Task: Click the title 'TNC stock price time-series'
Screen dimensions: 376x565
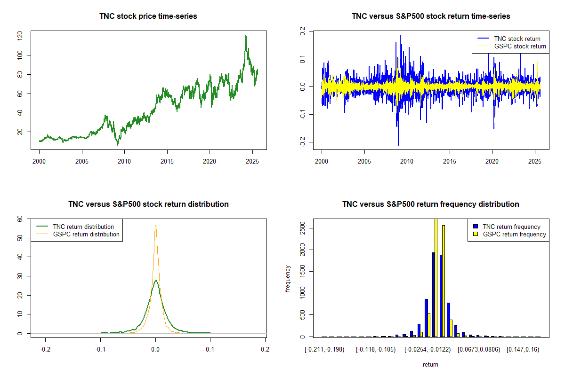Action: pyautogui.click(x=148, y=16)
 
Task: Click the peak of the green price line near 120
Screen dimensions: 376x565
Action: pyautogui.click(x=245, y=36)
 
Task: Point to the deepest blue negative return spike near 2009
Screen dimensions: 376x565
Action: pyautogui.click(x=398, y=145)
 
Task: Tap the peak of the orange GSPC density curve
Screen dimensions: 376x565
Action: pyautogui.click(x=155, y=226)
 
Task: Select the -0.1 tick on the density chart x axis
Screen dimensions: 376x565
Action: pyautogui.click(x=100, y=349)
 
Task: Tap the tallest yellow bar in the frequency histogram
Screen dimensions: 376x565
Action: pyautogui.click(x=436, y=277)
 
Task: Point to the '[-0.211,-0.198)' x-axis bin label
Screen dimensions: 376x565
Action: pyautogui.click(x=325, y=349)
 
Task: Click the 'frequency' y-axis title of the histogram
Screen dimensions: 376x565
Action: pyautogui.click(x=288, y=279)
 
